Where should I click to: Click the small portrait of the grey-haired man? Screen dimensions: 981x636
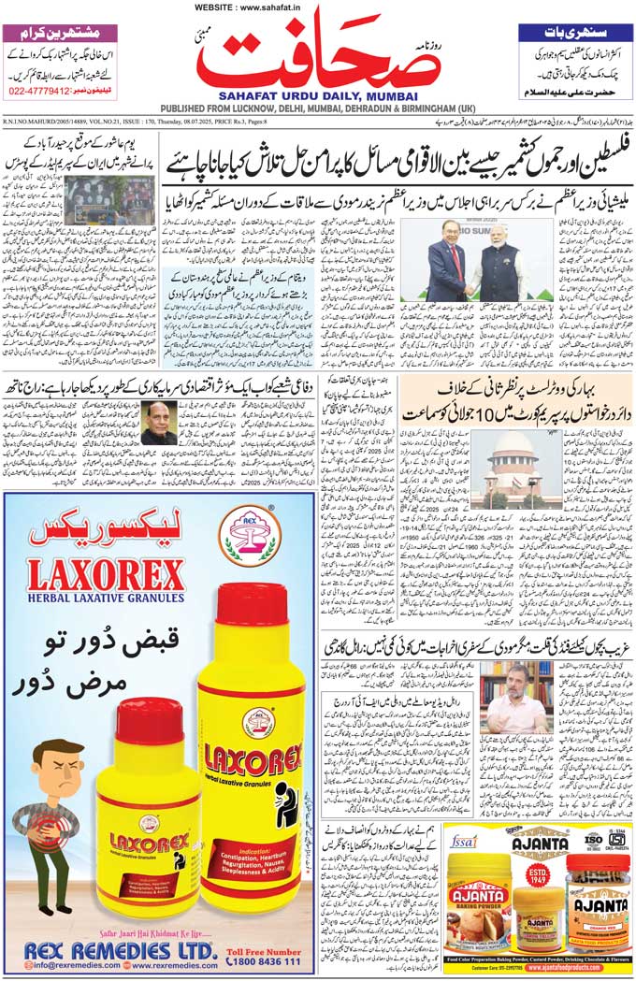click(158, 423)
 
